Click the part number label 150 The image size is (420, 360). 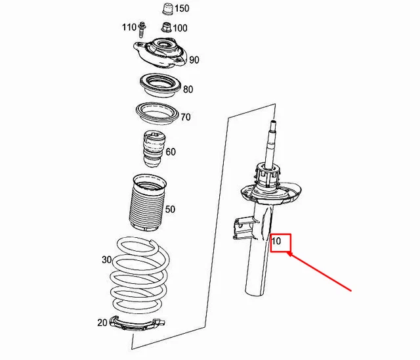coord(182,9)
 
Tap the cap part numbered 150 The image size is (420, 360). coord(166,10)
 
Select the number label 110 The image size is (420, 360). coord(129,28)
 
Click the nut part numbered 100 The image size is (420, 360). coord(165,28)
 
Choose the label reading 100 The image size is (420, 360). coord(179,28)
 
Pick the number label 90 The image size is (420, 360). coord(194,60)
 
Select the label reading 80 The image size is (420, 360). coord(188,89)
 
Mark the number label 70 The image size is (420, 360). coord(186,118)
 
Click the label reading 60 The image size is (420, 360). coord(171,152)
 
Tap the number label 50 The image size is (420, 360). coord(170,210)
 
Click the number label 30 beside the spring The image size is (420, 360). coord(107,259)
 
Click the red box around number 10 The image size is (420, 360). coord(279,242)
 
